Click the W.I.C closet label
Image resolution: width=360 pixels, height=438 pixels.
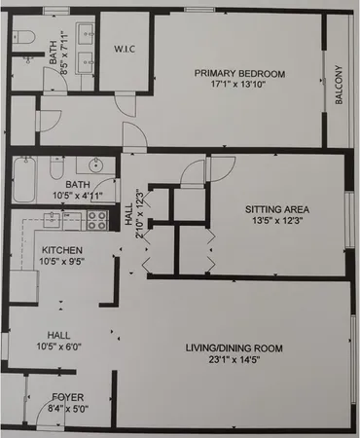click(x=124, y=49)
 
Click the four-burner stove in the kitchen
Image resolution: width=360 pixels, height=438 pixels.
click(x=97, y=221)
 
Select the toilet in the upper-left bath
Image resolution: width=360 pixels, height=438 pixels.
click(x=23, y=39)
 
